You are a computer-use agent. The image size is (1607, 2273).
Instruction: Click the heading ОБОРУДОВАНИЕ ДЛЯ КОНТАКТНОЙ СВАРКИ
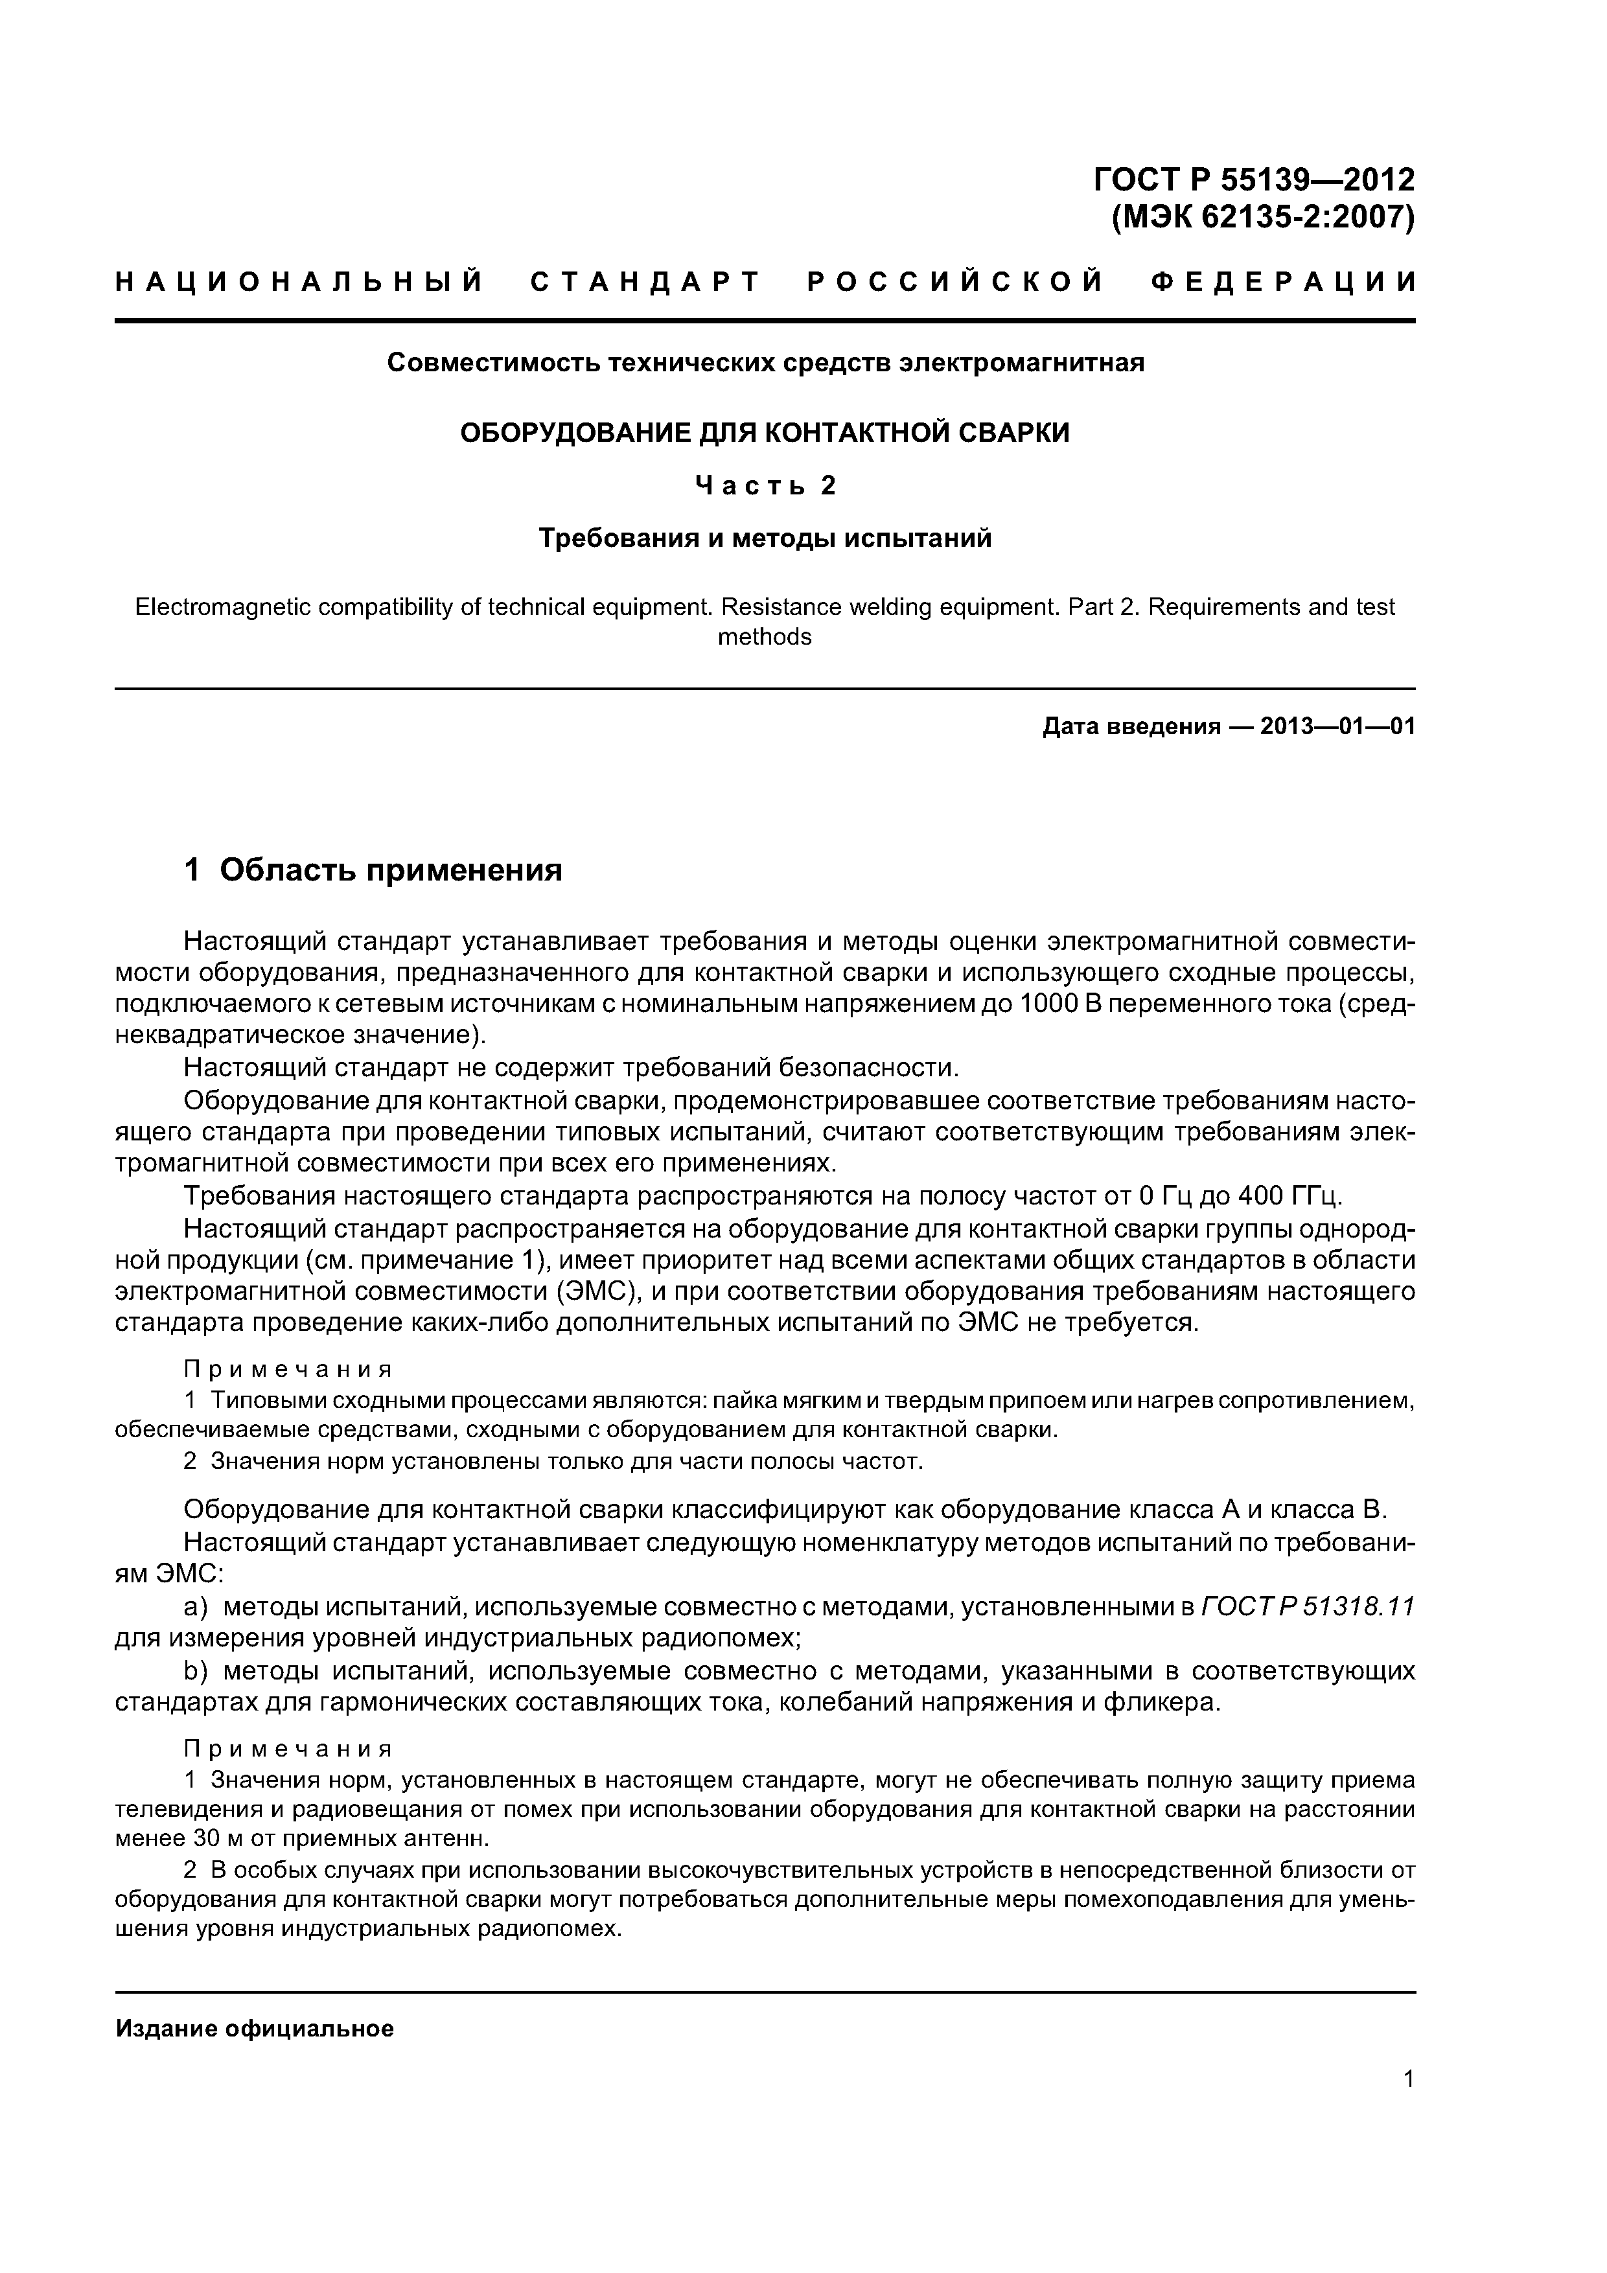[x=765, y=433]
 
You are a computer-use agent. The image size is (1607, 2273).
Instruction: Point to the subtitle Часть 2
[x=765, y=486]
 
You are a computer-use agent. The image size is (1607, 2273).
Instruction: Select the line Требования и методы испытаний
[x=765, y=538]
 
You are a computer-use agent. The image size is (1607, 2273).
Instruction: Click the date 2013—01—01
[x=1337, y=726]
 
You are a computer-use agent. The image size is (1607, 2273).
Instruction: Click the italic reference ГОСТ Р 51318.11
[x=1307, y=1608]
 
